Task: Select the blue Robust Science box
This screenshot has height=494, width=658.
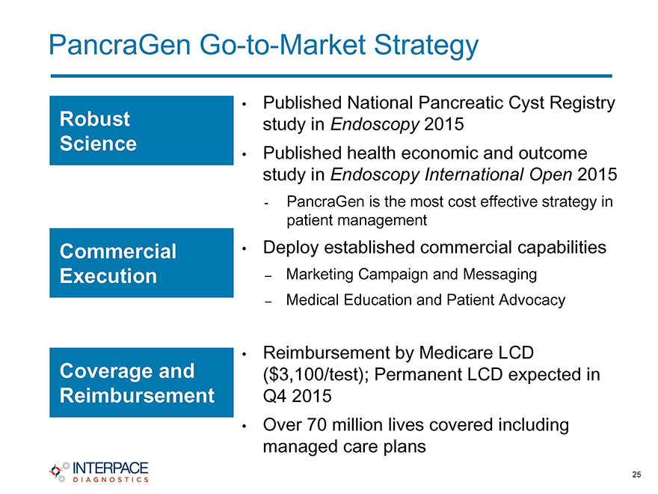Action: [141, 130]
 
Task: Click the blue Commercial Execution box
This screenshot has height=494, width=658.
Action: [141, 263]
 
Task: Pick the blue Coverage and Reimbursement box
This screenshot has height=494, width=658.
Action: [141, 382]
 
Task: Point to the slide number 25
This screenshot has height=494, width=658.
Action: [636, 475]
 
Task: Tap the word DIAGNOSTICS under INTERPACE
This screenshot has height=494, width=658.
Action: [111, 479]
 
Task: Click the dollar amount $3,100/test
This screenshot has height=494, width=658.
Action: [316, 374]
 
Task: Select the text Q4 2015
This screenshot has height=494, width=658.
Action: [297, 396]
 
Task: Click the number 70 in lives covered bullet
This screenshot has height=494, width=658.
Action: [317, 424]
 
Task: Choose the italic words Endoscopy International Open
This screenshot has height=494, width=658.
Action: [451, 174]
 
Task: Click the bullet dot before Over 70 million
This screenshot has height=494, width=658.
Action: [244, 426]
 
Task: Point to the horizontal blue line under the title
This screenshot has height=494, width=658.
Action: [331, 76]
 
